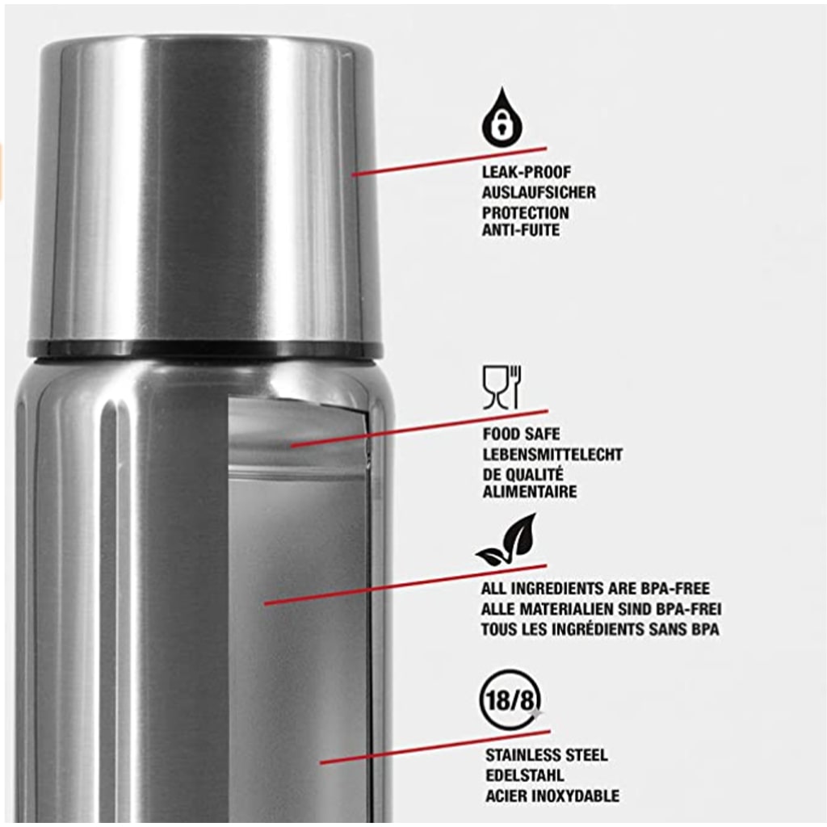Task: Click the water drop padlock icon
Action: pos(502,118)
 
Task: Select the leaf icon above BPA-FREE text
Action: pos(507,540)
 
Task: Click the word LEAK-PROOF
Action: pos(527,173)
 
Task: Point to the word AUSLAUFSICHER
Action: pos(539,192)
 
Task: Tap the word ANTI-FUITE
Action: pos(521,230)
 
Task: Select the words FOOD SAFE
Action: pos(521,434)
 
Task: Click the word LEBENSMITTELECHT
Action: pos(552,454)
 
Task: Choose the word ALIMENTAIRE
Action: pos(530,492)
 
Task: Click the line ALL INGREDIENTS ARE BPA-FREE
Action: pos(595,589)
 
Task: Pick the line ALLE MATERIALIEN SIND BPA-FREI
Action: pos(601,609)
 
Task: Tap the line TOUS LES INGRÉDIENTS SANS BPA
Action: pos(600,629)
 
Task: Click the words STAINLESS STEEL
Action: pos(547,755)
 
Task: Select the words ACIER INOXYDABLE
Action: pos(552,796)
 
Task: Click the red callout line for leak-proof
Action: pos(449,162)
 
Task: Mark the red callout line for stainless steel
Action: pos(435,747)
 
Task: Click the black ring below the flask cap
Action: pos(205,349)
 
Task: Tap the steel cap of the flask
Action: pos(206,189)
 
